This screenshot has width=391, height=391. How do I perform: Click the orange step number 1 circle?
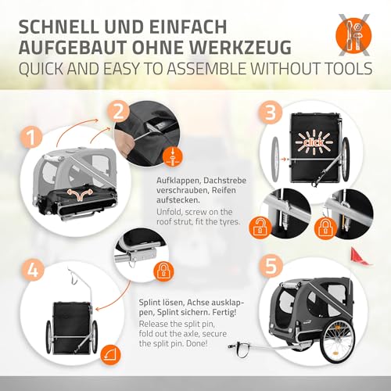pos(32,138)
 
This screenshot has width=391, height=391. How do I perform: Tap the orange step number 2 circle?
pos(119,112)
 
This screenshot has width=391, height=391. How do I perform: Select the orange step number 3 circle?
pos(271,113)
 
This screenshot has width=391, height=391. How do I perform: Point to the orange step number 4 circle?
pos(33,270)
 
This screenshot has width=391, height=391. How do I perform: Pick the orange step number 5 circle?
pos(271,266)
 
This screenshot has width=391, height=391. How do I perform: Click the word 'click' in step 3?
pos(314,142)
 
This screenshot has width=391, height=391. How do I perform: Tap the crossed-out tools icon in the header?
pos(353,35)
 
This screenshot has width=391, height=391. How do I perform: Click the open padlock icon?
pos(259,228)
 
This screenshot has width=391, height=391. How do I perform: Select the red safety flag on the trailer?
pos(360,256)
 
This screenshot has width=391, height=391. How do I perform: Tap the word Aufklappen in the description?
pos(178,181)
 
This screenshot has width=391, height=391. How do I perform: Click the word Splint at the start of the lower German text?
pos(150,303)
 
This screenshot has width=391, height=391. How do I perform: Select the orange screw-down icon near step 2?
pos(172,156)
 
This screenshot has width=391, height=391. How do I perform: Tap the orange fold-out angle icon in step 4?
pos(111,355)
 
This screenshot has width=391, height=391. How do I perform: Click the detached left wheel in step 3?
pos(275,158)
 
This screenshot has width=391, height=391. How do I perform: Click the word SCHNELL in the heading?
pos(59,27)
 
